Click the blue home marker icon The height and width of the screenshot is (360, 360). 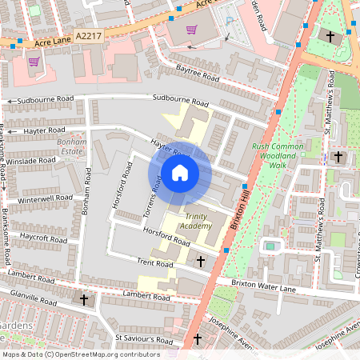tap(180, 172)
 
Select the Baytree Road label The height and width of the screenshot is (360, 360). tap(198, 78)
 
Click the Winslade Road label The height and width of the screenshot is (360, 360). tap(31, 160)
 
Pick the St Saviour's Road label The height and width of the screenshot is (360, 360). tap(144, 338)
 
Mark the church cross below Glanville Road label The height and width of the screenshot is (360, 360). tap(85, 299)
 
